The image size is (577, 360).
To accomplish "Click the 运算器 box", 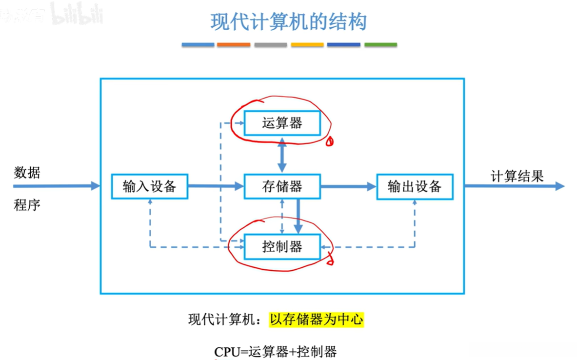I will (282, 123).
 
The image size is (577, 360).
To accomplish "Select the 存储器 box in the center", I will (282, 186).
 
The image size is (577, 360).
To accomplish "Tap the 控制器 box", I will (282, 247).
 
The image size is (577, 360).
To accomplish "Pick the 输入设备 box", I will (149, 186).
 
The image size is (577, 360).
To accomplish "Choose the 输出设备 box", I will (415, 186).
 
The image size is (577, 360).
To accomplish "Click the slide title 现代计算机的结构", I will (289, 22).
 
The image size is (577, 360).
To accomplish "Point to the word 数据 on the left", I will (27, 173).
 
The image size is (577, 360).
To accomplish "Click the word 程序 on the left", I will (27, 205).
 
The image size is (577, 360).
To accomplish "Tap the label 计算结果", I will (517, 176).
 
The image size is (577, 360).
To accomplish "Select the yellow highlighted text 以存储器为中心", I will (317, 320).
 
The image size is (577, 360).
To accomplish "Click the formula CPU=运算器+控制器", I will (275, 352).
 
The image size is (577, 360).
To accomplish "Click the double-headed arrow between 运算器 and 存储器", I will (282, 155).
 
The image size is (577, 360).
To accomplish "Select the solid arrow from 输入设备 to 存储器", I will (215, 186).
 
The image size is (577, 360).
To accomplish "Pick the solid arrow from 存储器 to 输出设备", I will (348, 186).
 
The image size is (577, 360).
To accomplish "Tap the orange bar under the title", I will (234, 45).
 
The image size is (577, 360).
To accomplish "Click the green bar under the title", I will (380, 45).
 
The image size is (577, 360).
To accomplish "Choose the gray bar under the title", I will (271, 45).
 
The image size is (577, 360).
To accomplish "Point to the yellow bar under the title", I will (307, 45).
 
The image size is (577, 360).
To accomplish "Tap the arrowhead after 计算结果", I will (559, 186).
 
